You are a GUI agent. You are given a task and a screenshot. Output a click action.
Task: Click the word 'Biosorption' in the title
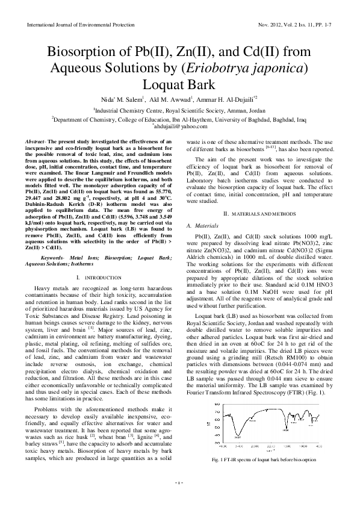point(84,49)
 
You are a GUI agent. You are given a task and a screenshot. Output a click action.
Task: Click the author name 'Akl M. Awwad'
point(171,99)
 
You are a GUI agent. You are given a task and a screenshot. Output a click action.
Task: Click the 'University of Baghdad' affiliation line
point(180,119)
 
